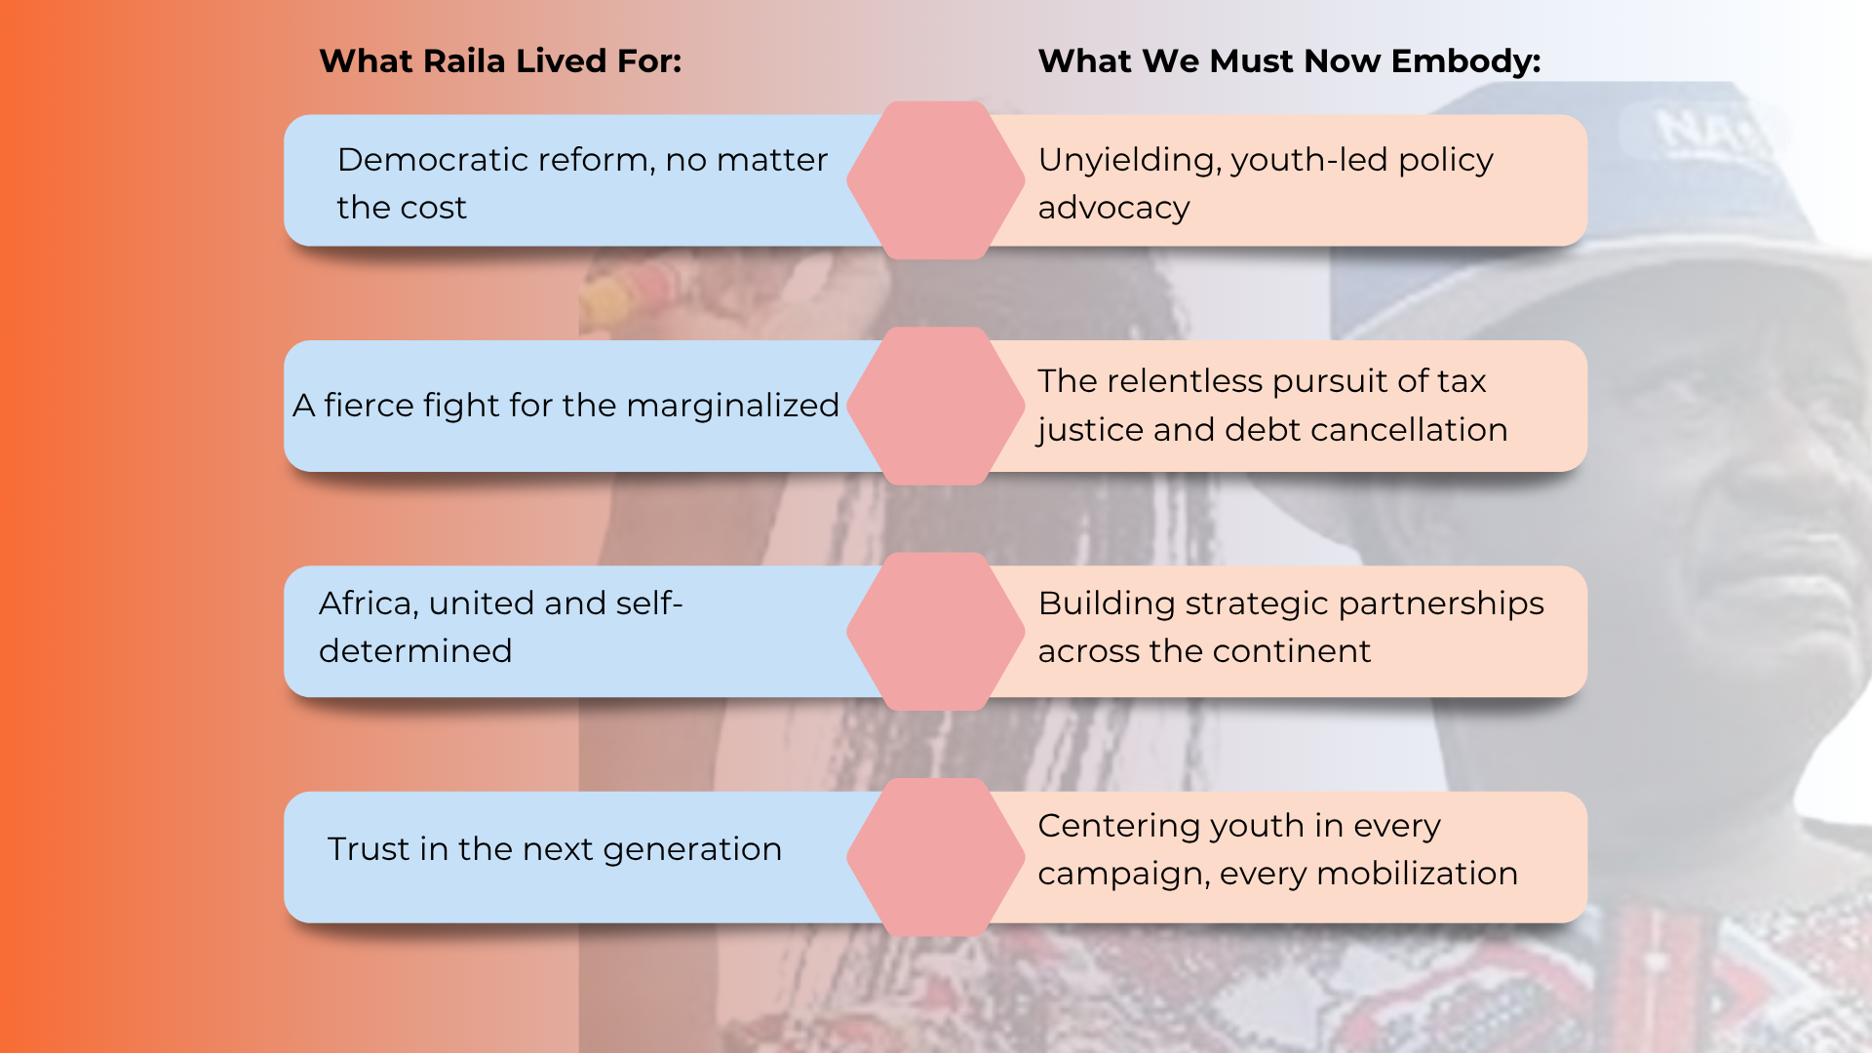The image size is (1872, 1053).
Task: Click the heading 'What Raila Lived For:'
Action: [x=500, y=61]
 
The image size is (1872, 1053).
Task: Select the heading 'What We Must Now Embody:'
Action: [x=1289, y=61]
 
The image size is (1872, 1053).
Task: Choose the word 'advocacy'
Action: [x=1113, y=208]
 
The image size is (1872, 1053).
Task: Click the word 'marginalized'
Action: [x=732, y=406]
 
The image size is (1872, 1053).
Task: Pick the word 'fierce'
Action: [x=369, y=406]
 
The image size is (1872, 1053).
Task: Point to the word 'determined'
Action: [x=415, y=651]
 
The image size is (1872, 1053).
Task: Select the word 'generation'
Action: [x=692, y=849]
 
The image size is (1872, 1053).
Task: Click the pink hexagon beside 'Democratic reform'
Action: [x=935, y=180]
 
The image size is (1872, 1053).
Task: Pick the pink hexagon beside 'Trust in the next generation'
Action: [x=935, y=857]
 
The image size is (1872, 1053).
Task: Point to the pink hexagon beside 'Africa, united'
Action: [x=935, y=632]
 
